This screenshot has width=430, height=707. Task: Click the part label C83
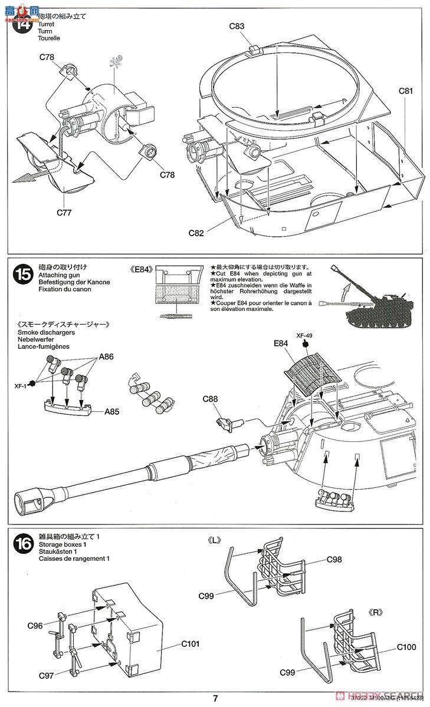237,26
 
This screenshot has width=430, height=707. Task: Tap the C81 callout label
406,91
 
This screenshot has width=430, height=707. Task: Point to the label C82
196,233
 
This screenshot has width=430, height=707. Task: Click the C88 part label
210,399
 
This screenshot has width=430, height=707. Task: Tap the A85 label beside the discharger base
109,412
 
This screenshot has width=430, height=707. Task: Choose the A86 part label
107,356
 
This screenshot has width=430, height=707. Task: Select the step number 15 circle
24,274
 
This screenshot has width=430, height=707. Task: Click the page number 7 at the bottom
215,699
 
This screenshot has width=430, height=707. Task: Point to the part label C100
406,647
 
